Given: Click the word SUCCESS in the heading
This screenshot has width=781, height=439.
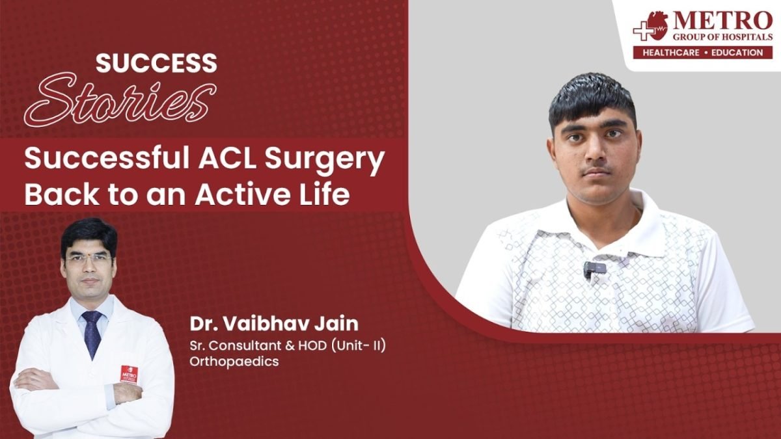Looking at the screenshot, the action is [156, 63].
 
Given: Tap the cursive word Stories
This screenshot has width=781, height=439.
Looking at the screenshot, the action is [120, 100].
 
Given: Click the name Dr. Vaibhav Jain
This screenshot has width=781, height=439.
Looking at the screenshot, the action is [274, 324].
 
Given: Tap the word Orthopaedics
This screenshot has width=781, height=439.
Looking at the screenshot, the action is [234, 362].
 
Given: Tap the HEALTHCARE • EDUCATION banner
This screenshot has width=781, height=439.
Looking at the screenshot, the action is [703, 53].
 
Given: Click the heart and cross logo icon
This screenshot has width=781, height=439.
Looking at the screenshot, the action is [651, 26].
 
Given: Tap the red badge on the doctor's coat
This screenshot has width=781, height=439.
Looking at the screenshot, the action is [129, 375].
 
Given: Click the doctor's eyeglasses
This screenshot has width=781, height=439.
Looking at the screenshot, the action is [89, 258].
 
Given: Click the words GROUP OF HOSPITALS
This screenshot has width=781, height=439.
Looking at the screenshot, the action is [722, 37].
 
